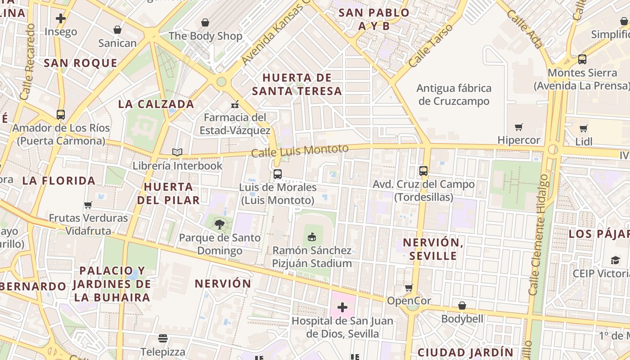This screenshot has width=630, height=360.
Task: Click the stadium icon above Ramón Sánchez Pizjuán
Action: [311, 236]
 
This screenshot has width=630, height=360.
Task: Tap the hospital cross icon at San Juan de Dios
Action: [342, 307]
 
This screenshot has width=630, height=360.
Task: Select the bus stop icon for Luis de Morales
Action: [278, 174]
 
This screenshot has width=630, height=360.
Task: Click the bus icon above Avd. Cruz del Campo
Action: [423, 171]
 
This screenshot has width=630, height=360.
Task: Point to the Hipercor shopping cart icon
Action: [519, 127]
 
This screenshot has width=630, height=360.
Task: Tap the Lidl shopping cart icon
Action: [584, 128]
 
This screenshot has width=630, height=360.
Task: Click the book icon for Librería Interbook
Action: [177, 153]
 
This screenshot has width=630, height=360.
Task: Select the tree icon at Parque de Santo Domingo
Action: [220, 224]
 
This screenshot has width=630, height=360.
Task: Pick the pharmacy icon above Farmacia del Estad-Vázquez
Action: [234, 104]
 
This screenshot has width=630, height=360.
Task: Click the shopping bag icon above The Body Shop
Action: [205, 22]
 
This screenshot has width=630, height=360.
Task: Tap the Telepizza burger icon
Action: [163, 338]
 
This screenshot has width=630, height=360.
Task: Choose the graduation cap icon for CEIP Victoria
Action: [615, 260]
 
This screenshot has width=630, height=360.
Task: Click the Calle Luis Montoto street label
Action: [300, 151]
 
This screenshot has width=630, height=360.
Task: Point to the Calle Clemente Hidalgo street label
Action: [539, 234]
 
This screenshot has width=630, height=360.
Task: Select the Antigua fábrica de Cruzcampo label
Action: [454, 94]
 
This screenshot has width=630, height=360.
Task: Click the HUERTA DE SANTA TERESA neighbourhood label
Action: [297, 84]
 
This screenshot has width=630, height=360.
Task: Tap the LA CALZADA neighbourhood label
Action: [156, 104]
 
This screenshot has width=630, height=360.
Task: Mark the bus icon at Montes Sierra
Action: [582, 59]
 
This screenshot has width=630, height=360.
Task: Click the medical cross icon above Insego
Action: [61, 18]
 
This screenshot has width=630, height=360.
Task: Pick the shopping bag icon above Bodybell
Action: [462, 306]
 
